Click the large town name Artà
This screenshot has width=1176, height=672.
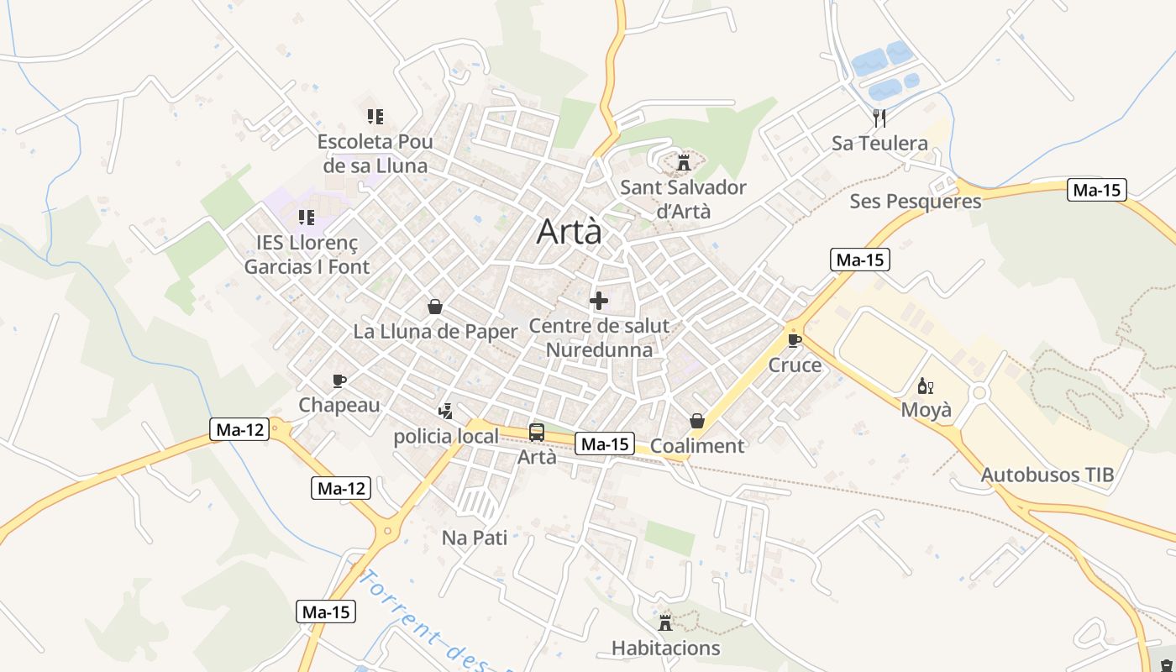(570, 232)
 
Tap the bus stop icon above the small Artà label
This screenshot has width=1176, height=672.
(537, 433)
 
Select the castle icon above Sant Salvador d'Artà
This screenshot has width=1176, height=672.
(683, 162)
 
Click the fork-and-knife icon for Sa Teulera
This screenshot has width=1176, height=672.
(879, 118)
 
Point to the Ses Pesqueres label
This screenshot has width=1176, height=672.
(915, 202)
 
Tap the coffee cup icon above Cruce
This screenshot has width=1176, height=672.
(795, 340)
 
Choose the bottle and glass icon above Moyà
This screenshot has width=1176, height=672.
(926, 386)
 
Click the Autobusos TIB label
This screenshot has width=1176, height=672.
(1047, 475)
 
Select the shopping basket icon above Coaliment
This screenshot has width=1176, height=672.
(697, 420)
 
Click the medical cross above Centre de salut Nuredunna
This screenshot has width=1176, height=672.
(599, 301)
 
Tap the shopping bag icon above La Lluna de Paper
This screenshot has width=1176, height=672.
(435, 307)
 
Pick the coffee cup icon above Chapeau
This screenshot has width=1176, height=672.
(339, 381)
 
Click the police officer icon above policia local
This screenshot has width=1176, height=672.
(446, 411)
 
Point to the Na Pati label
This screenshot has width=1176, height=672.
(475, 538)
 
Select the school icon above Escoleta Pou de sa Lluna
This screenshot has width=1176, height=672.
(375, 116)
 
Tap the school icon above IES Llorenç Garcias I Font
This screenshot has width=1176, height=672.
(307, 218)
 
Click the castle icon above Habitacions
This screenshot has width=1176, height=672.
(665, 622)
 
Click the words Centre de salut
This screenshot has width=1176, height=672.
(599, 326)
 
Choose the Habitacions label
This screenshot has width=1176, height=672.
(665, 648)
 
